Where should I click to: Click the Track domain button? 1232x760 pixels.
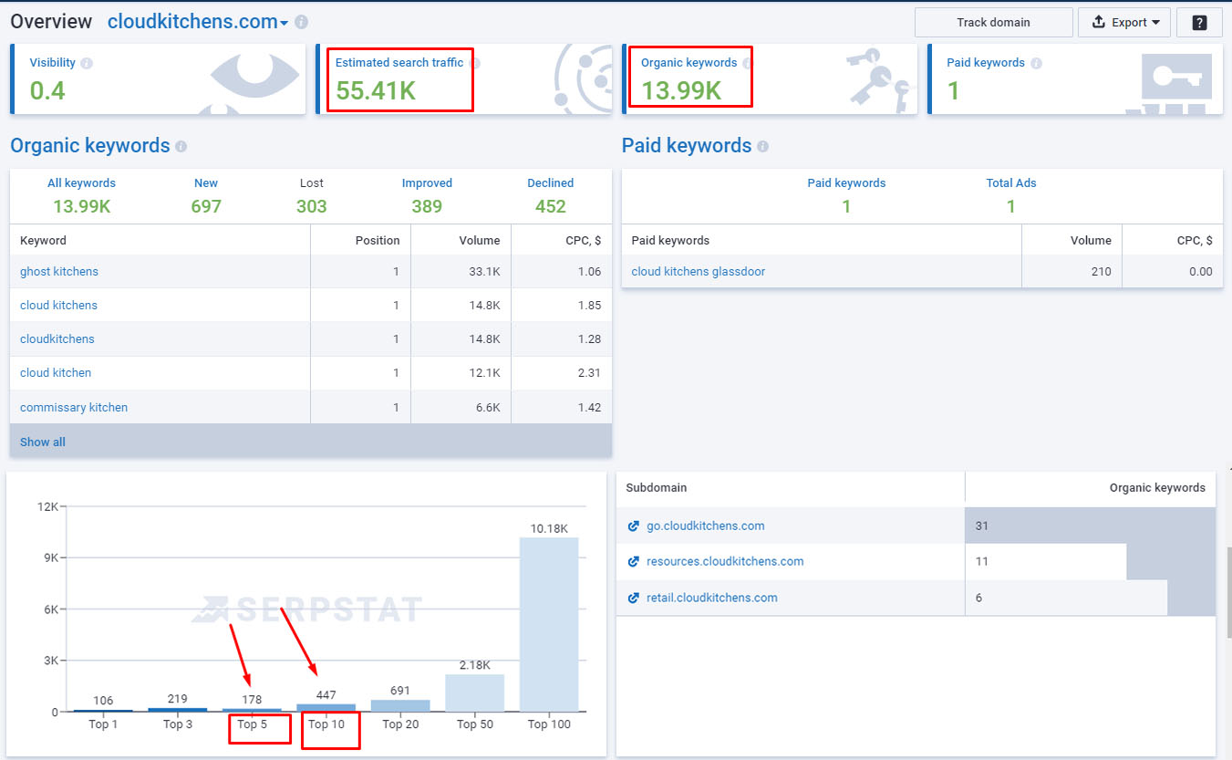pos(993,23)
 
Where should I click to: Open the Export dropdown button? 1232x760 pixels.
pos(1124,23)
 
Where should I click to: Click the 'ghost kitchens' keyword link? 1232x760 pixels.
pos(59,271)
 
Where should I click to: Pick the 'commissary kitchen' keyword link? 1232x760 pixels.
pos(74,407)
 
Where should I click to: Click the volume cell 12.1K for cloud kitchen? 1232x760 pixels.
pos(484,372)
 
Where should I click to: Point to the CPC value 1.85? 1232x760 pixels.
pos(589,305)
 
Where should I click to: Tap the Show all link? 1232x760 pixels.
pos(42,442)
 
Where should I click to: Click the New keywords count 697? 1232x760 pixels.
pos(206,206)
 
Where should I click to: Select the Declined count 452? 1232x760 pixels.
pos(550,206)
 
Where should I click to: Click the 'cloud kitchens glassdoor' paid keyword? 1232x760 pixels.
pos(698,271)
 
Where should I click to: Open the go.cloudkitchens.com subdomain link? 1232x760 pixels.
pos(705,526)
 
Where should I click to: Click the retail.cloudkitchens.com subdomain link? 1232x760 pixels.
pos(711,598)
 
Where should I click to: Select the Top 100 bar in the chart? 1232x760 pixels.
pos(549,625)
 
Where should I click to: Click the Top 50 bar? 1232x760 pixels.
pos(474,692)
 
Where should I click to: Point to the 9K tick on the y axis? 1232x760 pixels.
pos(50,558)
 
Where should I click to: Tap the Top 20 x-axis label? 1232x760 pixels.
pos(400,724)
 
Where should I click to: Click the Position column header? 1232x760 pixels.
pos(378,241)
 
